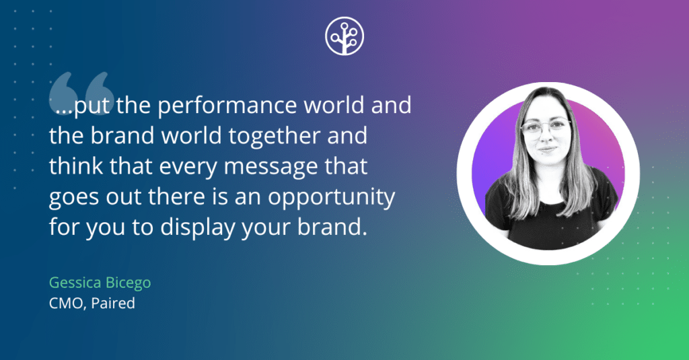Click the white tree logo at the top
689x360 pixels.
(344, 36)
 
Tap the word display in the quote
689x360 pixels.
(195, 227)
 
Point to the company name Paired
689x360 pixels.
(114, 303)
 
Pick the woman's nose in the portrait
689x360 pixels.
(547, 137)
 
